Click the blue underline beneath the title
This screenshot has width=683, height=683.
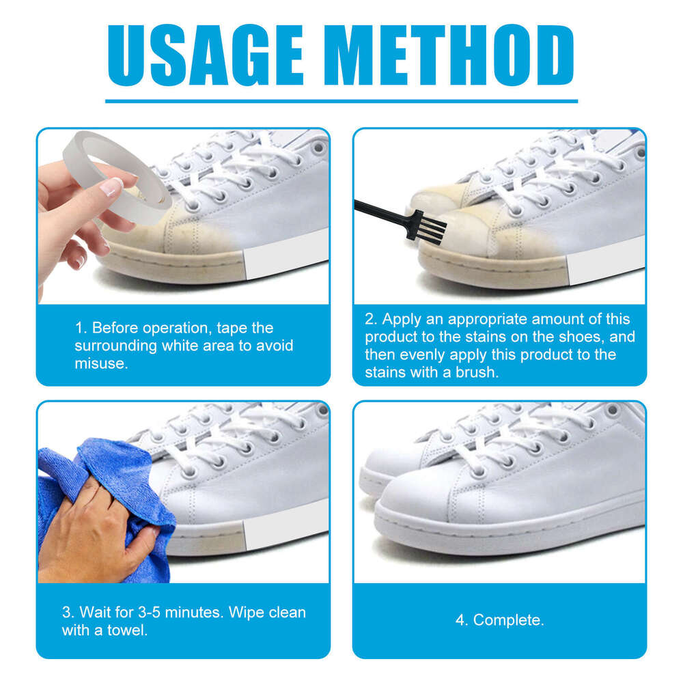(x=341, y=101)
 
